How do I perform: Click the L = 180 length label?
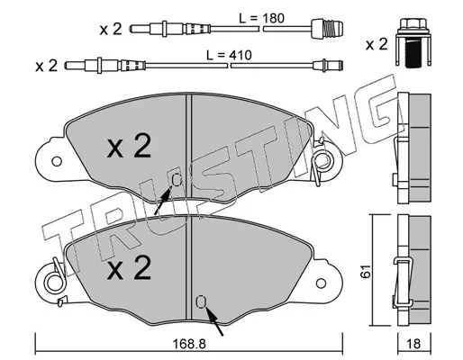(x=261, y=18)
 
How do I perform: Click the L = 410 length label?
(x=229, y=55)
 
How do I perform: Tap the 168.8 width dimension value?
(x=189, y=344)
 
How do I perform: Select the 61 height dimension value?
(x=366, y=272)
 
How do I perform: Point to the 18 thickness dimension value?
(x=414, y=344)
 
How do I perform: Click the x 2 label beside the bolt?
(x=377, y=44)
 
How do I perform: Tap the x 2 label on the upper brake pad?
(x=129, y=147)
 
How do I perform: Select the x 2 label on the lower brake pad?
(x=129, y=268)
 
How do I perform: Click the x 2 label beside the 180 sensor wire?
(x=111, y=29)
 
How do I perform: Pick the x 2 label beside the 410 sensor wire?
(x=46, y=66)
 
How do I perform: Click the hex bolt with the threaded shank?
(x=413, y=42)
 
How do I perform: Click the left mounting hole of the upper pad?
(x=57, y=161)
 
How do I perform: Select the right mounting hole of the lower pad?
(x=321, y=283)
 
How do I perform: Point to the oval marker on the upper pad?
(x=177, y=180)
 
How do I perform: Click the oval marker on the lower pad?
(x=201, y=301)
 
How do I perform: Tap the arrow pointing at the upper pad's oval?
(x=163, y=200)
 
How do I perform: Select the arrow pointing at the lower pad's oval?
(x=214, y=320)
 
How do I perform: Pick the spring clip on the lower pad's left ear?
(x=57, y=282)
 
